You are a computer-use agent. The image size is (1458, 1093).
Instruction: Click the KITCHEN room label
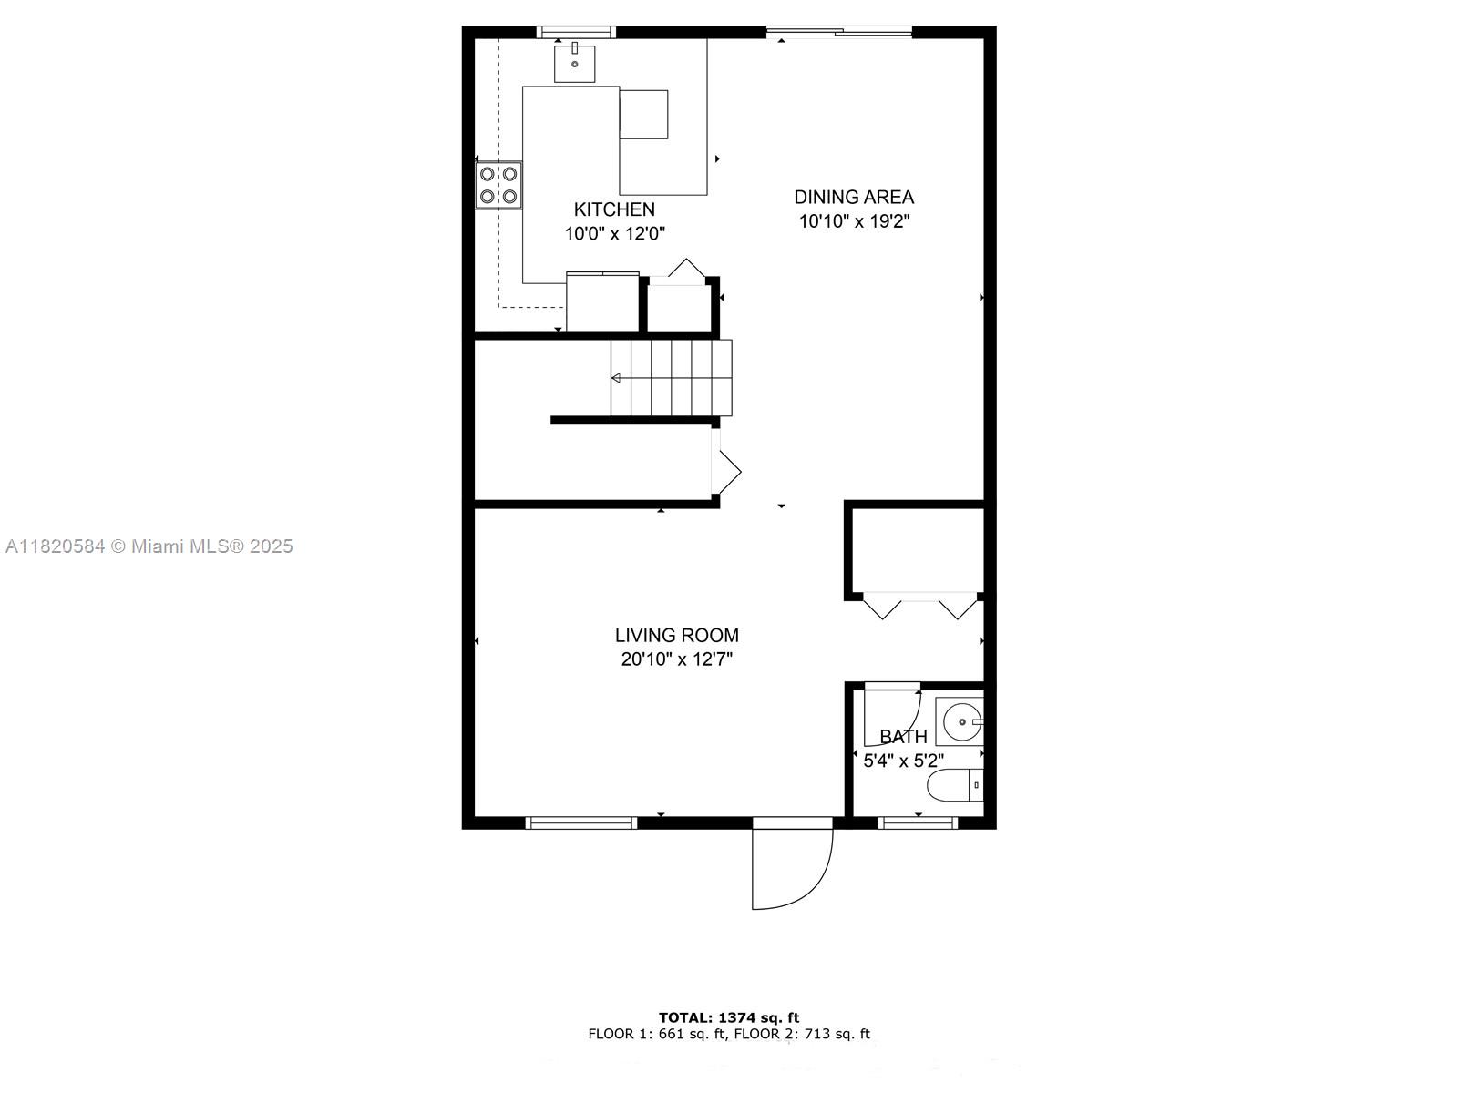coord(614,209)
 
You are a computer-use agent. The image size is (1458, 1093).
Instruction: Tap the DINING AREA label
coord(854,197)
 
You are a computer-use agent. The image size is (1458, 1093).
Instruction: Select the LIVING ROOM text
coord(676,636)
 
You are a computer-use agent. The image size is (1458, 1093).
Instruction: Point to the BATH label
coord(903,737)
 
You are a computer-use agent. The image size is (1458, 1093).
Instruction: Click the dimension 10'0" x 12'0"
coord(614,234)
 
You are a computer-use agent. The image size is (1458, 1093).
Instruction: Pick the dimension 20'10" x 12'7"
coord(676,659)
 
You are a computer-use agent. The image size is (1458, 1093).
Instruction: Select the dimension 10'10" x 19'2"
coord(854,221)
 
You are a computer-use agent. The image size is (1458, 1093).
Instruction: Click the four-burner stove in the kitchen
coord(498,184)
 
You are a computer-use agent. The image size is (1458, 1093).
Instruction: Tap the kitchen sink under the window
coord(575,63)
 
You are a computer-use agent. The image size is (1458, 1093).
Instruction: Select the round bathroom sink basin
coord(960,722)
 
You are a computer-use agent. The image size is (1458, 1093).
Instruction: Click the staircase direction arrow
coord(617,378)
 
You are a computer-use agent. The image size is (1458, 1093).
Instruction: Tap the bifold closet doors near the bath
coord(919,606)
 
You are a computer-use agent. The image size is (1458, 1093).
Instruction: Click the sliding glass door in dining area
coord(838,34)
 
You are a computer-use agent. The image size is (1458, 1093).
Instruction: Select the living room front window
coord(580,822)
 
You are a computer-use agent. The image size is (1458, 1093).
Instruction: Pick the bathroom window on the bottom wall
coord(918,822)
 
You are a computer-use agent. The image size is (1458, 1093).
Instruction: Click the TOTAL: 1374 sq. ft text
coord(729,1017)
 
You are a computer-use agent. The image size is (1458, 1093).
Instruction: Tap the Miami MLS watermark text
coord(149,546)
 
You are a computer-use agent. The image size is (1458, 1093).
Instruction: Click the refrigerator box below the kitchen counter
coord(602,302)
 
